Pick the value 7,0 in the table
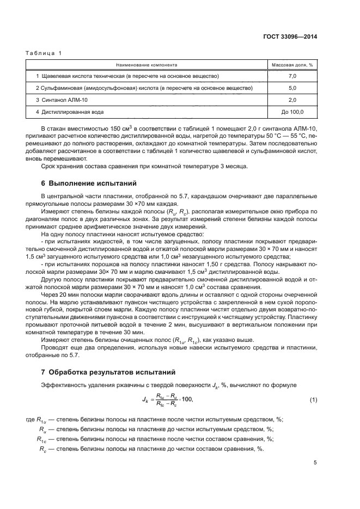click(x=292, y=76)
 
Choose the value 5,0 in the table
click(x=292, y=88)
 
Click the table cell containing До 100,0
click(x=292, y=112)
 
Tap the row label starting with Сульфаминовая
click(x=144, y=88)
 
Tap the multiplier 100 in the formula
click(x=187, y=400)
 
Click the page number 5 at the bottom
click(x=315, y=463)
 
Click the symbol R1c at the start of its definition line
click(x=41, y=438)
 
